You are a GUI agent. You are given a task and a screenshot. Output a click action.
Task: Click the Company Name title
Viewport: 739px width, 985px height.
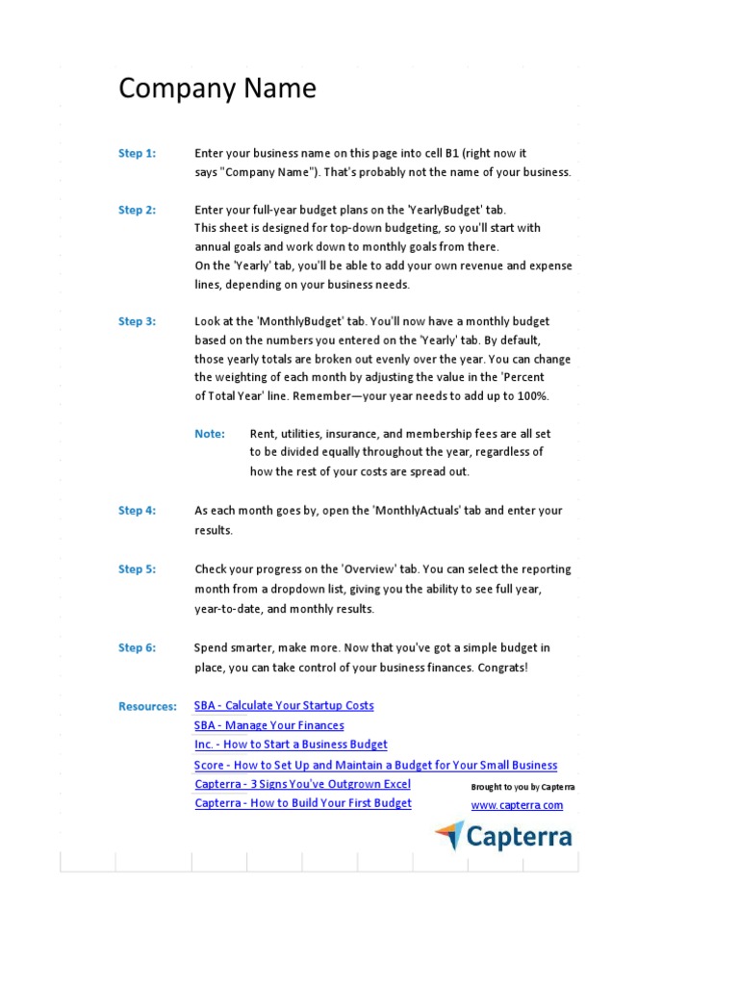[217, 89]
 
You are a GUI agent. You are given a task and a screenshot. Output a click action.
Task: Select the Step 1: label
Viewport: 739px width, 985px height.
[137, 153]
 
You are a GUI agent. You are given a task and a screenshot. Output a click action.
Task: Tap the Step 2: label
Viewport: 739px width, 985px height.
[137, 210]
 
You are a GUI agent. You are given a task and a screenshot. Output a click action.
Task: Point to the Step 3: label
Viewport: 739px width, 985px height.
[137, 321]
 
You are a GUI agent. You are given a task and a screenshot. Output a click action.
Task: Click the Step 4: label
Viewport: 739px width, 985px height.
[137, 511]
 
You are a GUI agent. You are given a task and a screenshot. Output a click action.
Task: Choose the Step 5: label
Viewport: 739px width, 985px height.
[137, 569]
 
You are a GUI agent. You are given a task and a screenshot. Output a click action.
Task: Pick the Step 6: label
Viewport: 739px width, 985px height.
[137, 648]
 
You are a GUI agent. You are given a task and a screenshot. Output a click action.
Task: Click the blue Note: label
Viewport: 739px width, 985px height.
[210, 434]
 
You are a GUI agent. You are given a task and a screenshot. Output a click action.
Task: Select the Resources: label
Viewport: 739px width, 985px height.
[147, 706]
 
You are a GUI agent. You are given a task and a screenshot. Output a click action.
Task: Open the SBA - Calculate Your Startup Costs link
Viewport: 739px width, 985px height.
[284, 706]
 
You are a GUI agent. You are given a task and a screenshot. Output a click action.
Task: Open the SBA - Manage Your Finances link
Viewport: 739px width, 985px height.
[268, 725]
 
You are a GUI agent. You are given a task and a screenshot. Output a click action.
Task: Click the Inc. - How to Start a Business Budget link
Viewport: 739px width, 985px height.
[291, 745]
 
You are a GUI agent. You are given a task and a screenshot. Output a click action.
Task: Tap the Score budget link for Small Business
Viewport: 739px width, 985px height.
[375, 765]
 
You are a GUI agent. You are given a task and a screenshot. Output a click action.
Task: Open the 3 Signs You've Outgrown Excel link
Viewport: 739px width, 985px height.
[302, 784]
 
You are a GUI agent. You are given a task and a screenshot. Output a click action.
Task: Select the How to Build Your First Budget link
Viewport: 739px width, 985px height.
[303, 803]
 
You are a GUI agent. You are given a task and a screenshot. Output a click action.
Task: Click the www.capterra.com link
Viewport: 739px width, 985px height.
[517, 805]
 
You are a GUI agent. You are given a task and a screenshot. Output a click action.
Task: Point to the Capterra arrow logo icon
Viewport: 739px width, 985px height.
[448, 835]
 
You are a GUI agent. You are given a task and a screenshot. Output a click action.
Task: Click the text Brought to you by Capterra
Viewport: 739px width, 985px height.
[522, 786]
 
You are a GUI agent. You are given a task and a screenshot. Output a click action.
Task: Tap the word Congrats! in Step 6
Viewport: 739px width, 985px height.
[503, 668]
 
